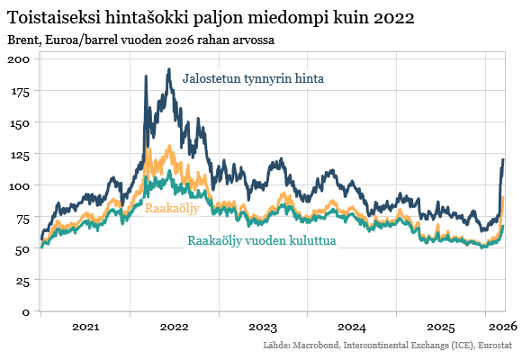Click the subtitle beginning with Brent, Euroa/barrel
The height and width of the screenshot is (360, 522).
click(140, 40)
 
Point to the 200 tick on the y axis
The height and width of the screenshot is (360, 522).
click(19, 58)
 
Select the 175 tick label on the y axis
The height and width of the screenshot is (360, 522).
click(19, 91)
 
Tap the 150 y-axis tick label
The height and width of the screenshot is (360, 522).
click(19, 122)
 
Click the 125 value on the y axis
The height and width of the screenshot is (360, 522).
click(19, 154)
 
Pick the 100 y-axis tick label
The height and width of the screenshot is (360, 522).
click(19, 185)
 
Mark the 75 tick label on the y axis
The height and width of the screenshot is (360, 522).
click(22, 217)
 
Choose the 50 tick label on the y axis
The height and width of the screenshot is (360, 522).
click(22, 249)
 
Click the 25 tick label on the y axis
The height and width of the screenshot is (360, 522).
click(22, 281)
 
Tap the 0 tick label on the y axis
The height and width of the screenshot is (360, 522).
click(26, 312)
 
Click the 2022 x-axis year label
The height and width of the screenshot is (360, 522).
click(174, 327)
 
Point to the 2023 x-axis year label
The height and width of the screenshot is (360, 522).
click(263, 327)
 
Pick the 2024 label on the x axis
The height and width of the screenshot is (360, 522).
click(352, 327)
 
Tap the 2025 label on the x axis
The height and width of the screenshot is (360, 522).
click(441, 327)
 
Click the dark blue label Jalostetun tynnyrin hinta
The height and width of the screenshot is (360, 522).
click(253, 79)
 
